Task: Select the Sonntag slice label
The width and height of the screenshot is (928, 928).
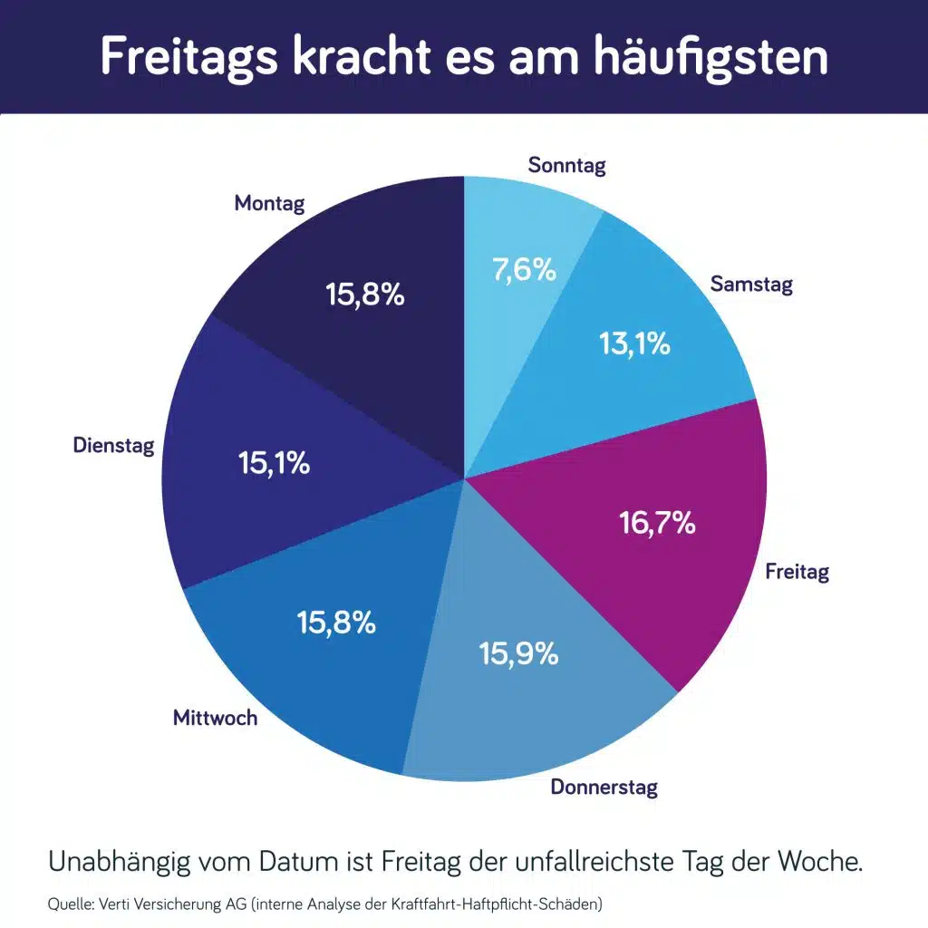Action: (566, 165)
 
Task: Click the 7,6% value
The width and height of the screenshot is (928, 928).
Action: (524, 269)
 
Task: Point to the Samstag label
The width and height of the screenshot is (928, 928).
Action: (751, 284)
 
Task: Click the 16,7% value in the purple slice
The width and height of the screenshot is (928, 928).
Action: (657, 522)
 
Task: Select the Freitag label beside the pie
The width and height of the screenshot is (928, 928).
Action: (797, 572)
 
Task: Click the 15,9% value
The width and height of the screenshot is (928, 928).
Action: (518, 653)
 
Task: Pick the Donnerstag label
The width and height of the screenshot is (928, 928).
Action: (604, 787)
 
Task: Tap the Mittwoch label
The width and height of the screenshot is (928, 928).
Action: (215, 718)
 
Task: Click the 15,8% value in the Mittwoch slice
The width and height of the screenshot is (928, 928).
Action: (336, 623)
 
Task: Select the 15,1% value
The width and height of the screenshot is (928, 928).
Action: (274, 463)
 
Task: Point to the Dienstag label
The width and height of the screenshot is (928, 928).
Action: (113, 445)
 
